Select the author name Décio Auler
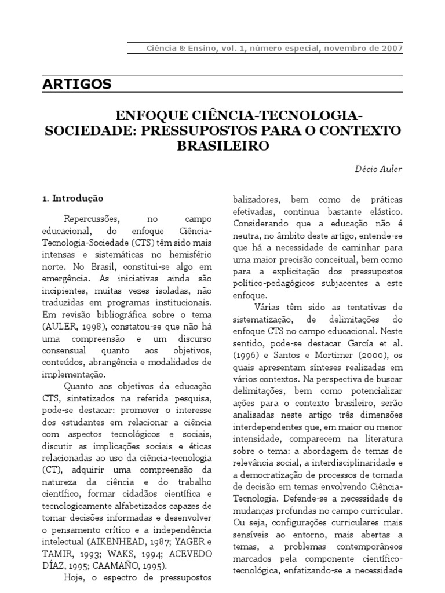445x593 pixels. [378, 169]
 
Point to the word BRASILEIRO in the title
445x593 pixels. [223, 146]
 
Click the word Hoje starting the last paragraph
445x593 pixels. [74, 579]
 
